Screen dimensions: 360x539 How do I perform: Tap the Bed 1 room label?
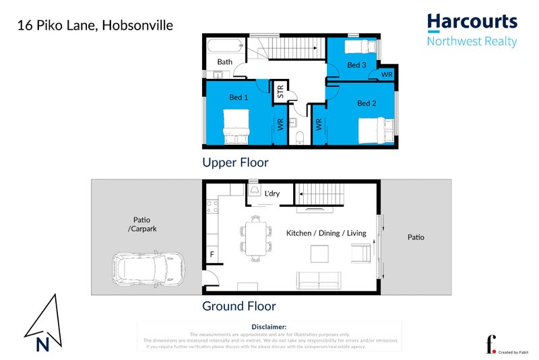239,98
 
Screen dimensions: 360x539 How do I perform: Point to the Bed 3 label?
356,65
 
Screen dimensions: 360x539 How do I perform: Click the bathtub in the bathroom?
224,47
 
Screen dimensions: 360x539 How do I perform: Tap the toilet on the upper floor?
300,138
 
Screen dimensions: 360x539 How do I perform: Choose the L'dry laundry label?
272,194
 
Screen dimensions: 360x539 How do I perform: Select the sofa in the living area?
319,279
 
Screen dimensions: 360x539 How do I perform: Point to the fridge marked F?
212,256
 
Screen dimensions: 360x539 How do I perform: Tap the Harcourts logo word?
472,22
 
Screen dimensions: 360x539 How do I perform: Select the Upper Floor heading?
235,162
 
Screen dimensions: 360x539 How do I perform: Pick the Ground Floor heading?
239,306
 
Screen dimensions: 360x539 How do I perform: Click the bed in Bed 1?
236,125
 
